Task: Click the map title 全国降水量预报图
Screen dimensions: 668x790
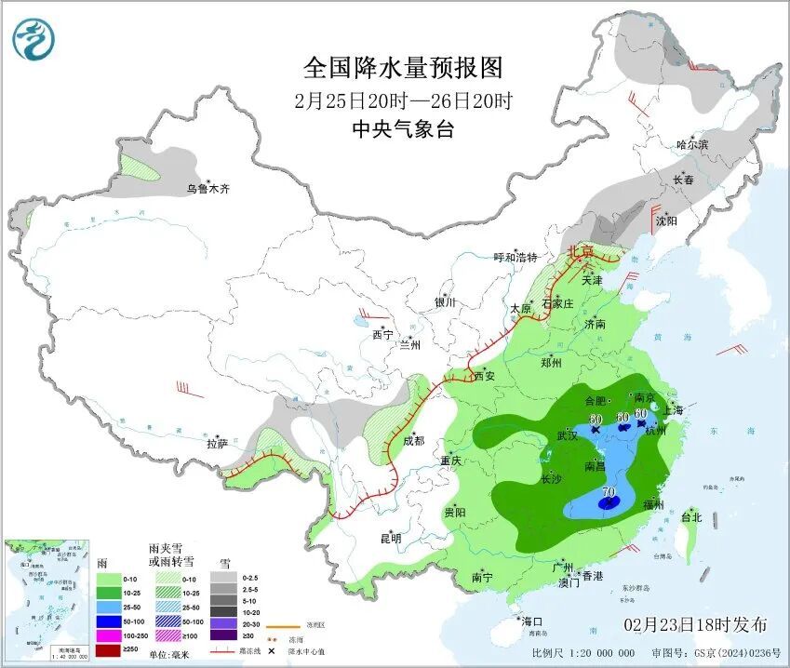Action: click(x=402, y=68)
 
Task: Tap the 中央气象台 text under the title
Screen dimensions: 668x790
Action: click(x=402, y=130)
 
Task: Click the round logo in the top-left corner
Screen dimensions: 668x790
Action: click(x=34, y=38)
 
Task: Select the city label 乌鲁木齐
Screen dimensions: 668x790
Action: click(x=207, y=189)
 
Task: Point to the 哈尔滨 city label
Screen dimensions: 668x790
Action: click(x=692, y=145)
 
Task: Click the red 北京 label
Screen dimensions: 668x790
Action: click(x=581, y=251)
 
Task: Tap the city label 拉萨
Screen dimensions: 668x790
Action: click(x=217, y=445)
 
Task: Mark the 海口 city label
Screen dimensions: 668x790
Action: click(x=531, y=621)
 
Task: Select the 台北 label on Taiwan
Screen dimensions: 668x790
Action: click(x=691, y=517)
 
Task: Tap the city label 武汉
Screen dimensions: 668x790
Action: click(x=568, y=434)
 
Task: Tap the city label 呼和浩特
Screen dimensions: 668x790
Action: click(x=516, y=258)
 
